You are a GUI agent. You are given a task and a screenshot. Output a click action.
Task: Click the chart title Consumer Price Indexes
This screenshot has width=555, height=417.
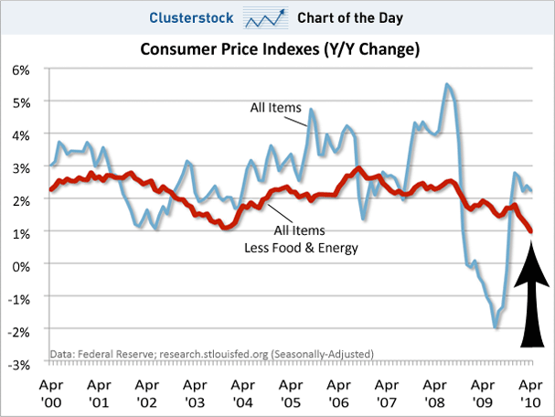[x=279, y=49]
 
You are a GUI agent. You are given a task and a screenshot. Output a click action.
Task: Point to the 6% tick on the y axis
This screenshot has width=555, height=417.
[x=20, y=69]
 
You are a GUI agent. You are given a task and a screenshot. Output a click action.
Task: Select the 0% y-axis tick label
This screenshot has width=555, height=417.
[x=20, y=265]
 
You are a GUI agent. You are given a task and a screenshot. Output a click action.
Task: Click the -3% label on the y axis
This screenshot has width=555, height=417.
[x=18, y=364]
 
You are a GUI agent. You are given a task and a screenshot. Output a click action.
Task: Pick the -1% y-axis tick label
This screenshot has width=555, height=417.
[x=18, y=298]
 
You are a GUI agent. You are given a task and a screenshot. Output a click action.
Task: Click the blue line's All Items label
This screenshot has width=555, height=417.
[x=275, y=109]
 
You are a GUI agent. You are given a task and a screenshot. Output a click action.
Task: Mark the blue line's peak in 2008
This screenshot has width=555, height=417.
[x=445, y=84]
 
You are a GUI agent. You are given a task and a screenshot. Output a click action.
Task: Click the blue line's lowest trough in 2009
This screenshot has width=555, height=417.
[x=495, y=326]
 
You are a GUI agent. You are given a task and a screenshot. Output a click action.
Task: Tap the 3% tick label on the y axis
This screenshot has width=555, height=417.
[x=20, y=167]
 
